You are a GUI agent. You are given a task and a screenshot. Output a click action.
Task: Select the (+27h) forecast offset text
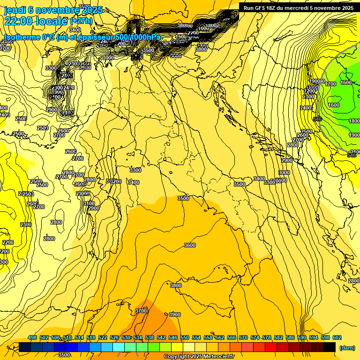coord(81,21)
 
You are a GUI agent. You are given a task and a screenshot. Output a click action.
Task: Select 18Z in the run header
coord(272,8)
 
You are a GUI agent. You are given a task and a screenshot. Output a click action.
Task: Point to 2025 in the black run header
coord(347,8)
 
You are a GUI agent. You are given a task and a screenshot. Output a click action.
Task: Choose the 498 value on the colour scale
coord(32,338)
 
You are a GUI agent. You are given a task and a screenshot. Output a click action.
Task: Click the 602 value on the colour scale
coord(337,338)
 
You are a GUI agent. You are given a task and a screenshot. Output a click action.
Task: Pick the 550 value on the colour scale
coord(185,338)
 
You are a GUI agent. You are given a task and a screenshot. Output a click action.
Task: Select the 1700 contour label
coord(331,84)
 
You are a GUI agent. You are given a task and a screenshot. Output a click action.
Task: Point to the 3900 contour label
coord(175,315)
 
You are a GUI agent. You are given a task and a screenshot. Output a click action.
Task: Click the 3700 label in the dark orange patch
coord(141,311)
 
